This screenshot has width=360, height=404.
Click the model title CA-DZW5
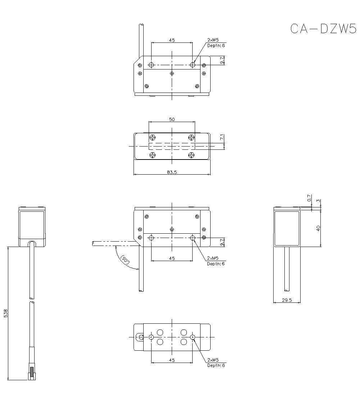point(323,28)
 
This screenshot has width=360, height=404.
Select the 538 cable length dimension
point(6,313)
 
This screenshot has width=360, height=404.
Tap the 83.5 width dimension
point(172,172)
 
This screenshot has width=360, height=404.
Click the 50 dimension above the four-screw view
point(172,119)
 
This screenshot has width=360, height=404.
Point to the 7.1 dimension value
point(222,137)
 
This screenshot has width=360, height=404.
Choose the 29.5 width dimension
point(287,300)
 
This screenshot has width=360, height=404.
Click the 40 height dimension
point(318,228)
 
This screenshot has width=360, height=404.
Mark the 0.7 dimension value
point(309,198)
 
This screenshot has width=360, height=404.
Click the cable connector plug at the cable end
point(32,373)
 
